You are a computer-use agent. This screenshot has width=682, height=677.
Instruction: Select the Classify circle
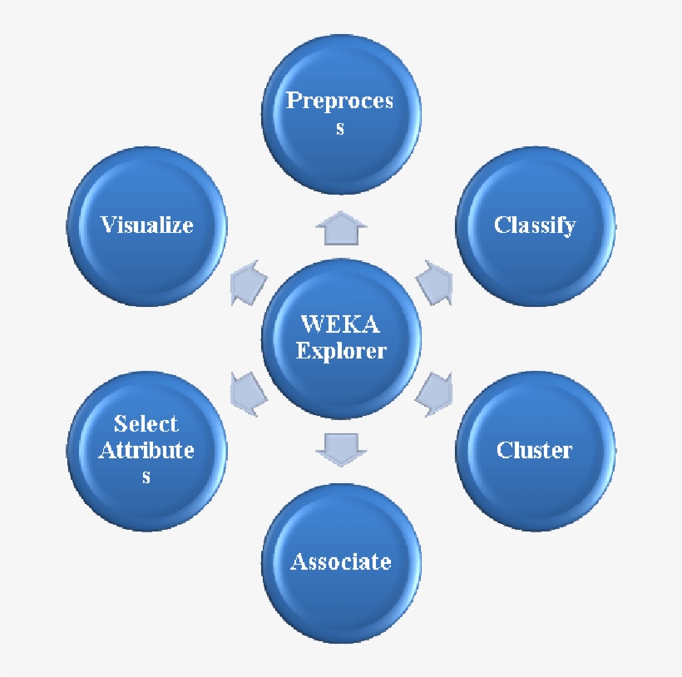pyautogui.click(x=535, y=227)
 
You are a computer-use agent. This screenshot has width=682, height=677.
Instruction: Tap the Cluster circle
pyautogui.click(x=535, y=452)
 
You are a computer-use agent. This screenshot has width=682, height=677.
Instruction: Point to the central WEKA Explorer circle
pyautogui.click(x=341, y=338)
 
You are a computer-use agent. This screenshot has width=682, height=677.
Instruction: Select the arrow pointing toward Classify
pyautogui.click(x=433, y=282)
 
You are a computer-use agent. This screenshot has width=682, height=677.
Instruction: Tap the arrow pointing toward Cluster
pyautogui.click(x=433, y=393)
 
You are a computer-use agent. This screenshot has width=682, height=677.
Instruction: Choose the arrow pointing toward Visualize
pyautogui.click(x=248, y=282)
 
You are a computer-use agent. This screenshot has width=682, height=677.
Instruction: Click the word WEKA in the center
pyautogui.click(x=341, y=323)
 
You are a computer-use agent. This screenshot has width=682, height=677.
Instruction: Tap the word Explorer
pyautogui.click(x=341, y=351)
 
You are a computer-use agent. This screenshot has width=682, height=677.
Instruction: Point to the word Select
pyautogui.click(x=146, y=423)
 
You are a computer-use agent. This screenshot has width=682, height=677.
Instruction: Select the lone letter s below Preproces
pyautogui.click(x=340, y=129)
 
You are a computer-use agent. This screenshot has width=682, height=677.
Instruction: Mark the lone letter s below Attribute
pyautogui.click(x=146, y=477)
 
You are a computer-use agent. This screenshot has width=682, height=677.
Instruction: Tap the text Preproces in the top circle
pyautogui.click(x=339, y=101)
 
